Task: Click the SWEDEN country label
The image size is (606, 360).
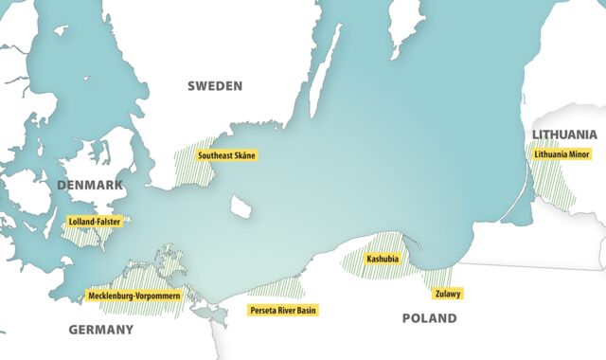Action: coord(215,85)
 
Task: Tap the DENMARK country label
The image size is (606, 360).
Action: coord(90,185)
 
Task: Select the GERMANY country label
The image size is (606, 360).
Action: coord(100,330)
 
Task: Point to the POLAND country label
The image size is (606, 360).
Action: coord(429,318)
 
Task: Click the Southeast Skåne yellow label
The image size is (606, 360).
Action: coord(226,154)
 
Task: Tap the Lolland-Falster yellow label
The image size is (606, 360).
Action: coord(95,222)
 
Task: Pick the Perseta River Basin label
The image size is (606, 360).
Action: coord(283,310)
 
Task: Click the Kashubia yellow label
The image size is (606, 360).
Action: coord(382,258)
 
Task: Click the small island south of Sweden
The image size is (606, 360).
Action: coord(241,205)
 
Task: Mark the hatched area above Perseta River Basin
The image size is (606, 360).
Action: coord(275,288)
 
